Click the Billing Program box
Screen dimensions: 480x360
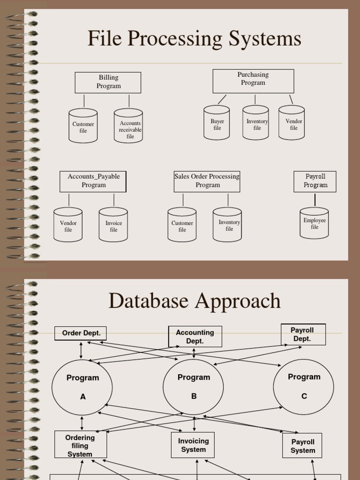(x=108, y=82)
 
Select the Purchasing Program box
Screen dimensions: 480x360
(x=253, y=81)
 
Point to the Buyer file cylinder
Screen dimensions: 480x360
(x=217, y=123)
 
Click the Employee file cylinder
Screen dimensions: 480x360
(x=314, y=223)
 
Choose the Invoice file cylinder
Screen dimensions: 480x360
(x=113, y=225)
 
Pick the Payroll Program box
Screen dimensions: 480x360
(x=315, y=181)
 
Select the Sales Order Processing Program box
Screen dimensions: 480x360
(x=207, y=181)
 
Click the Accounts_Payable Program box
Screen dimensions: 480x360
(x=93, y=181)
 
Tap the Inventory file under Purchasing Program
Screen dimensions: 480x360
(x=255, y=123)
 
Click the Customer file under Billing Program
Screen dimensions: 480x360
(x=83, y=126)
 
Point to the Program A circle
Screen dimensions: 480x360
(x=82, y=387)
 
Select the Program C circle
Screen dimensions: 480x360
(x=304, y=387)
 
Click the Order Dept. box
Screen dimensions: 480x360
(x=81, y=333)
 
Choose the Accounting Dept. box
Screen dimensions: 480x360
(x=195, y=337)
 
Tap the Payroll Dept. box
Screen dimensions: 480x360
(x=303, y=334)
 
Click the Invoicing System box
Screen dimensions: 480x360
(x=193, y=445)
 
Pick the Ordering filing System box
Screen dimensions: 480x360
(x=81, y=445)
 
